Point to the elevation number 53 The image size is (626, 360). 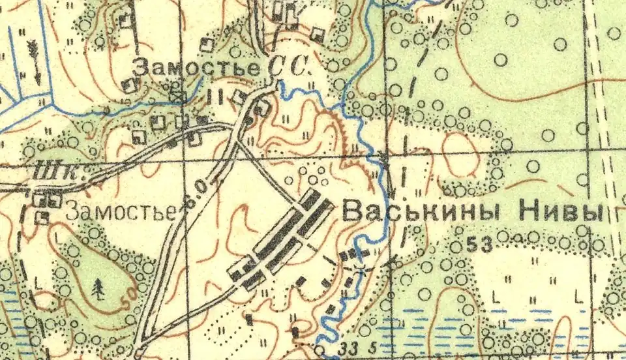click(x=479, y=245)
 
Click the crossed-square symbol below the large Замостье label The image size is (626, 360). click(x=177, y=97)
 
